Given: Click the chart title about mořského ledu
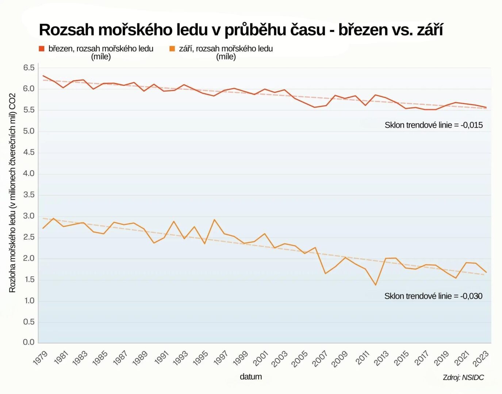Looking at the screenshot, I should pos(241,30).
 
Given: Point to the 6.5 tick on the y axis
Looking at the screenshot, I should pos(29,67).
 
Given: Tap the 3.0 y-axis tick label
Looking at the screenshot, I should pos(29,216).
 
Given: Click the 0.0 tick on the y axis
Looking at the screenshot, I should pos(29,342).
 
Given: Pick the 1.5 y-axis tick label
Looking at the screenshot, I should pos(29,279).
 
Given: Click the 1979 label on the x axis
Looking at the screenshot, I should pos(40,358).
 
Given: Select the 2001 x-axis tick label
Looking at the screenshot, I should pos(261,358).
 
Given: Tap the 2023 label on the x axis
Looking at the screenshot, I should pos(481,359).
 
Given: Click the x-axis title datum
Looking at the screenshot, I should pos(251,376).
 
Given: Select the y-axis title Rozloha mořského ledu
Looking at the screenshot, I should pos(12,193).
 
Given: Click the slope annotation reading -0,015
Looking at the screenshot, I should pos(433,125).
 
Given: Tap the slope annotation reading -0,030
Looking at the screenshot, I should pos(433,296).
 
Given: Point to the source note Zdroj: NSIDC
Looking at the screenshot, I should pos(463,378).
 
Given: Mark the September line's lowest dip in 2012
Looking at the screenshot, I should pos(375,285).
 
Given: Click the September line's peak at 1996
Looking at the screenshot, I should pos(214,220).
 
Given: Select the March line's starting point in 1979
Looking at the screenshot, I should pos(43,76).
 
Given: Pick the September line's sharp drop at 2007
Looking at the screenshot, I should pos(325,273).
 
